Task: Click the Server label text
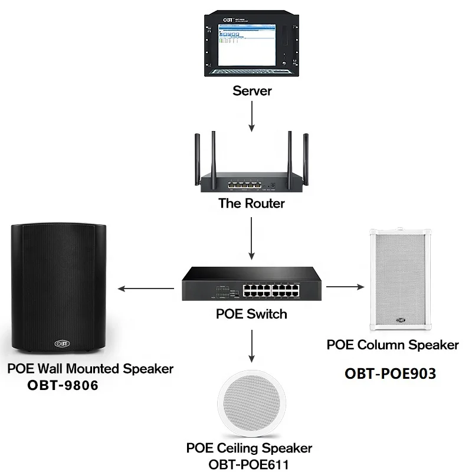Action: click(x=252, y=91)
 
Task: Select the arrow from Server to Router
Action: click(x=252, y=115)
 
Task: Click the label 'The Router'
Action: click(x=252, y=204)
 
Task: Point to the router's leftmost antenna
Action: click(x=197, y=156)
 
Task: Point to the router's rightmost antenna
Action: click(x=306, y=156)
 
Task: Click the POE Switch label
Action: click(x=252, y=313)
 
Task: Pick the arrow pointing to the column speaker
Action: click(x=345, y=287)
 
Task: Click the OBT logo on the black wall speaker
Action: click(x=62, y=342)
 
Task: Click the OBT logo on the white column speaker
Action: click(x=402, y=320)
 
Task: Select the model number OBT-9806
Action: click(x=63, y=386)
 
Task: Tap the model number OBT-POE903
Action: click(x=390, y=373)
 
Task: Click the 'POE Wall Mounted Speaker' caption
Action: click(x=90, y=369)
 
